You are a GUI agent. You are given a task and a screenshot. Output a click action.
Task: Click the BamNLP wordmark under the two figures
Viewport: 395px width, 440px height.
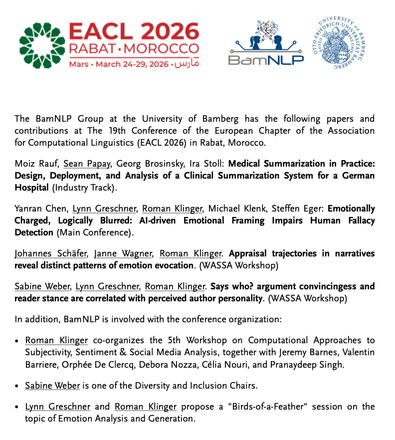click(x=266, y=60)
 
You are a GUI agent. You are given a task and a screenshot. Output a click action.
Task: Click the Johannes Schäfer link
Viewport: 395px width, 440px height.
click(x=48, y=254)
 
